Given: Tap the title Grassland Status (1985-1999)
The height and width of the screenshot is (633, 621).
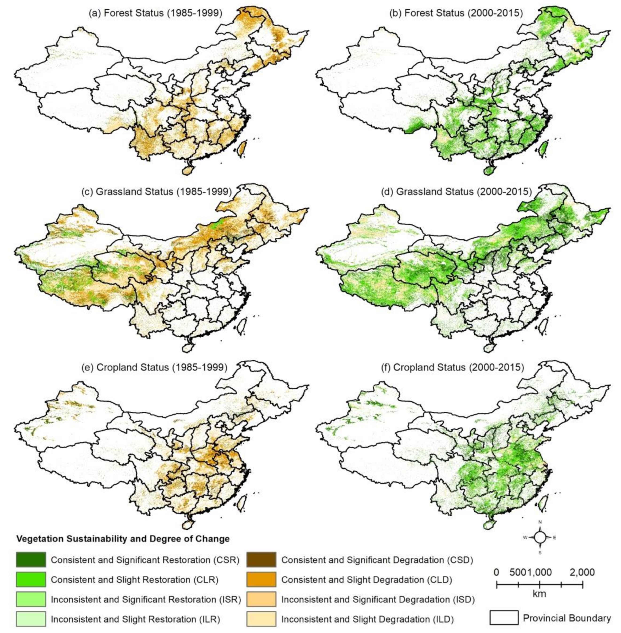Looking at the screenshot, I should point(156,191).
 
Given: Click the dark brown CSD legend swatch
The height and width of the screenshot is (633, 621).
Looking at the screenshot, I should point(261,560).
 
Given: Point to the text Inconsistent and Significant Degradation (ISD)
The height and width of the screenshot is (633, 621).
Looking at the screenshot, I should point(378,599).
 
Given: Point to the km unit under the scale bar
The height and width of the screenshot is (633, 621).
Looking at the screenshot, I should point(539,594).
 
